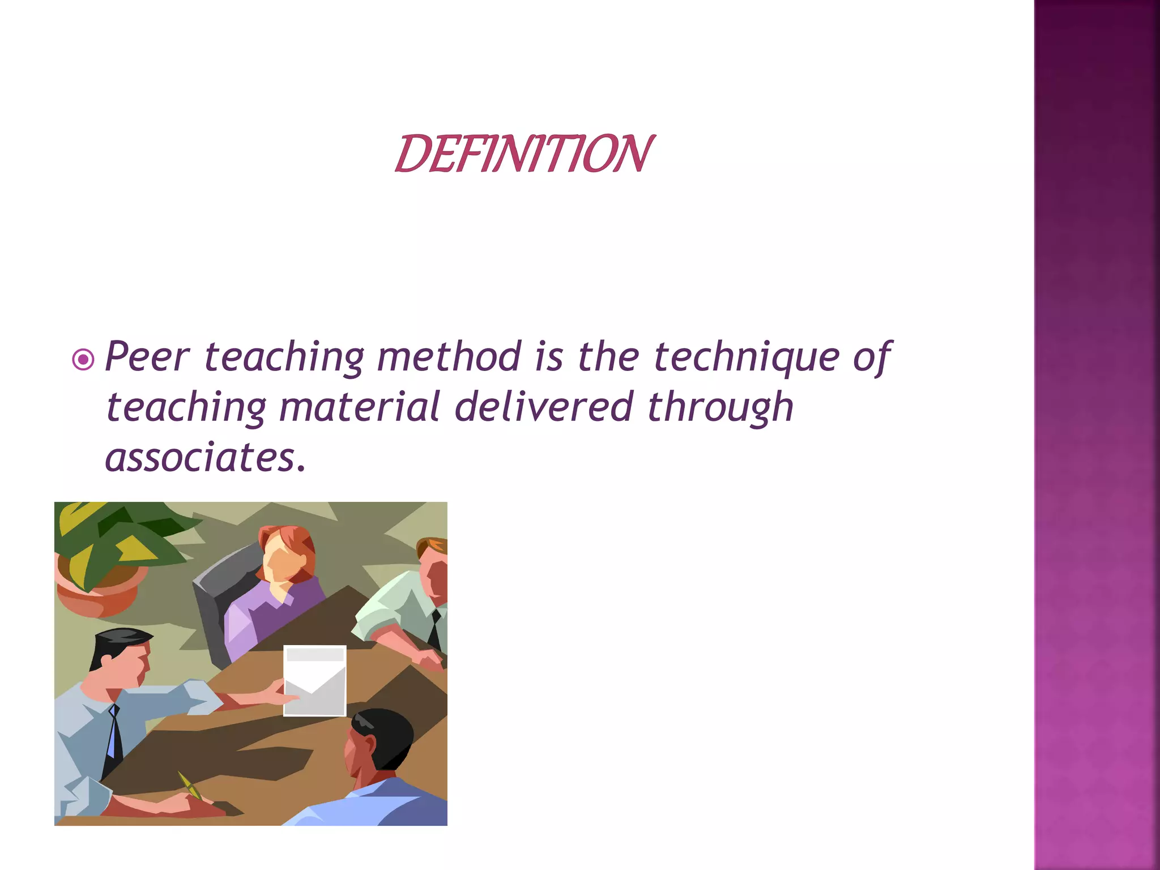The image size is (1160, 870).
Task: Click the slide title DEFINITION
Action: pyautogui.click(x=523, y=153)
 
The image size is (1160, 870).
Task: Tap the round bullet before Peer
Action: pyautogui.click(x=83, y=359)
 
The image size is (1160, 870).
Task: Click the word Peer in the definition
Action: pyautogui.click(x=147, y=357)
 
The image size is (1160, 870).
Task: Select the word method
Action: pyautogui.click(x=449, y=357)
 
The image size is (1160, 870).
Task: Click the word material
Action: pyautogui.click(x=359, y=407)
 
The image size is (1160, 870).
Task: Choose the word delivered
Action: pyautogui.click(x=543, y=407)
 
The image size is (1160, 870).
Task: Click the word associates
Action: pyautogui.click(x=201, y=458)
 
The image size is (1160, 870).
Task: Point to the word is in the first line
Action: pyautogui.click(x=549, y=357)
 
